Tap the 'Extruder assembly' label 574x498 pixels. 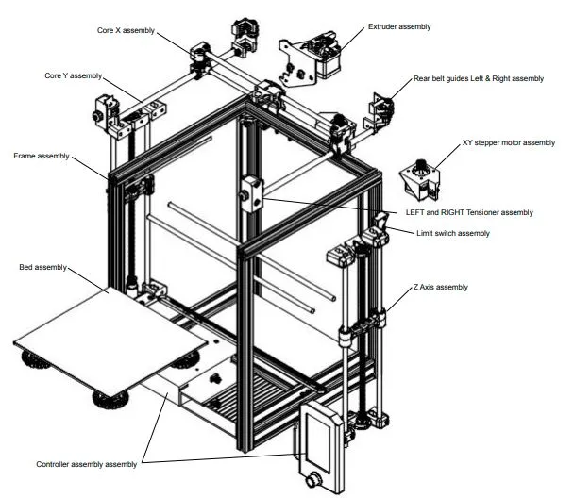397,26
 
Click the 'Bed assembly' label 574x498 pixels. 42,268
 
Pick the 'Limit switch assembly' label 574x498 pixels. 453,232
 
